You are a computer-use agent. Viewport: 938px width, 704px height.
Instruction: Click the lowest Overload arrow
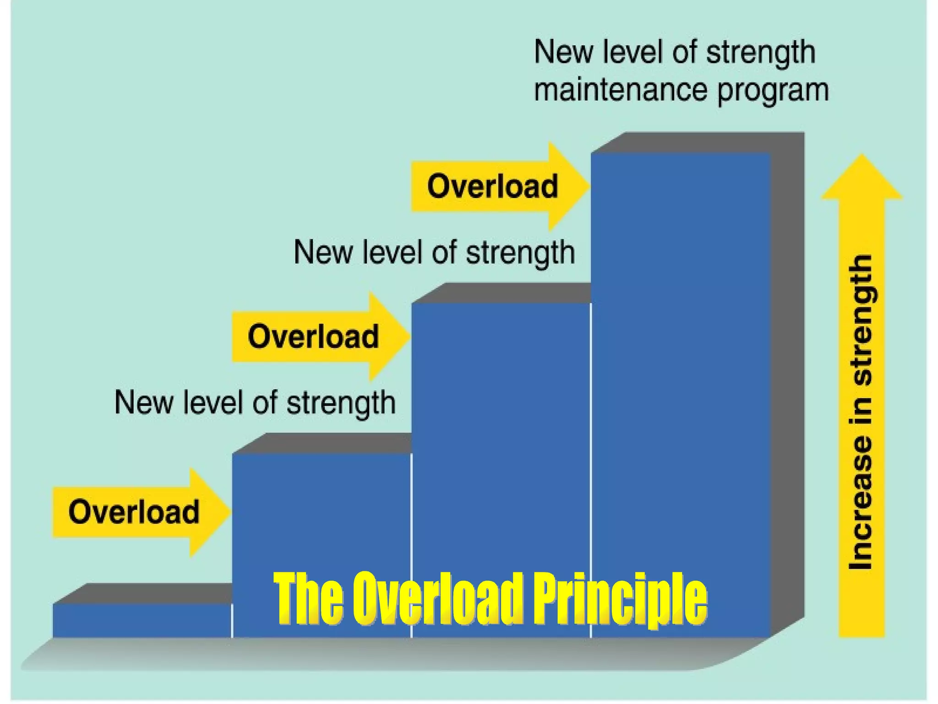click(x=137, y=512)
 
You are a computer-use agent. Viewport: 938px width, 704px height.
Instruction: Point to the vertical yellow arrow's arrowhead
click(x=862, y=179)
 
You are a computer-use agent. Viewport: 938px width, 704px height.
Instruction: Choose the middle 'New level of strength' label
click(x=434, y=253)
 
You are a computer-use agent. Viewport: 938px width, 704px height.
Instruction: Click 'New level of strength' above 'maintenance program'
click(x=674, y=52)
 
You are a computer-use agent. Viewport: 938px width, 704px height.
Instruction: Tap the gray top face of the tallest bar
click(x=696, y=142)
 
